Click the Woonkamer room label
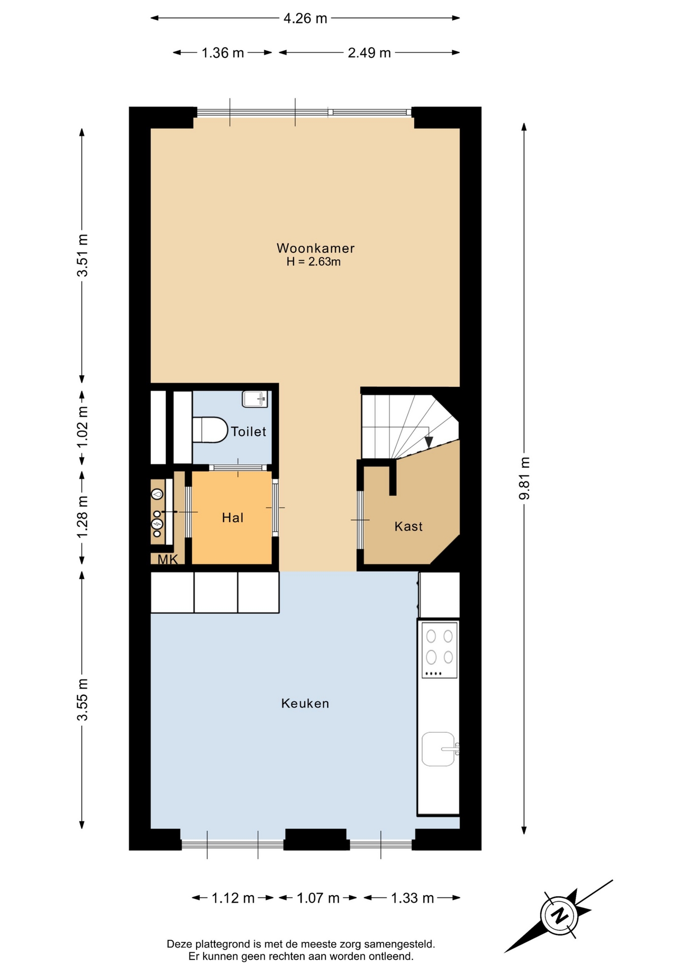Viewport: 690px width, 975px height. [x=315, y=248]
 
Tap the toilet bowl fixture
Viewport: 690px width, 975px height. [x=210, y=430]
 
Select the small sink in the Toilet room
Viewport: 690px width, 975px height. [x=255, y=399]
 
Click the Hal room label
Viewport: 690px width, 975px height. [x=232, y=517]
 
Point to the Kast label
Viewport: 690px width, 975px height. [x=409, y=526]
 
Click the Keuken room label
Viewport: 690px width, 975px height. [x=305, y=703]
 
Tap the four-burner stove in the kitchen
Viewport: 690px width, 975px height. [x=440, y=650]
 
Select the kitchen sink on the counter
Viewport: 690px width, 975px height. [x=439, y=749]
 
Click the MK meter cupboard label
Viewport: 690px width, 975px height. [x=168, y=560]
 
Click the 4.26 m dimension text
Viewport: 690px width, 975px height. [x=305, y=18]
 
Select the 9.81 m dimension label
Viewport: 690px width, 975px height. [x=524, y=478]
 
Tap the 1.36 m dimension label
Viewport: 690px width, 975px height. [x=223, y=53]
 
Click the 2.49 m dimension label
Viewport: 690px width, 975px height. [x=369, y=53]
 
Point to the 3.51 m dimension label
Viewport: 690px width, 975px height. [x=82, y=255]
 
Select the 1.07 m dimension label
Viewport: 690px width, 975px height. [x=318, y=898]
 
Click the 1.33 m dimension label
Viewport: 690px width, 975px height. [x=412, y=898]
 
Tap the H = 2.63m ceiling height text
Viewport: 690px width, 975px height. [x=313, y=262]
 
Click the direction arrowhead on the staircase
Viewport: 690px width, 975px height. [x=429, y=442]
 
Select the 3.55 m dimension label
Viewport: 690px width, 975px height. [x=82, y=699]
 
